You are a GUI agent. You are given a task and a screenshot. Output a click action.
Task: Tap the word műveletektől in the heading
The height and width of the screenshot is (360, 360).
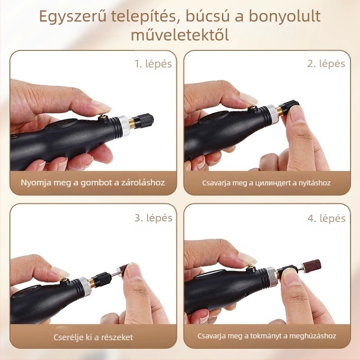[x=180, y=35]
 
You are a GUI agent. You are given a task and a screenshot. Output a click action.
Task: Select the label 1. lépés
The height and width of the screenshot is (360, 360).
[x=153, y=63]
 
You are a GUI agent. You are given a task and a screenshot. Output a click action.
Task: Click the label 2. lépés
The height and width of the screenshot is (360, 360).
[x=326, y=63]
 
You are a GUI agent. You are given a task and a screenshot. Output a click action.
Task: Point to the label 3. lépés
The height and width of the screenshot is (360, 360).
[x=153, y=218]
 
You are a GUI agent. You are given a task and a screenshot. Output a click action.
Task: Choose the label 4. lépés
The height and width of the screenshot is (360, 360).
[x=326, y=218]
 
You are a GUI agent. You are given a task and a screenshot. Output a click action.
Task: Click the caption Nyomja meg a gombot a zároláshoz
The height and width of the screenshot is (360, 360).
[x=93, y=183]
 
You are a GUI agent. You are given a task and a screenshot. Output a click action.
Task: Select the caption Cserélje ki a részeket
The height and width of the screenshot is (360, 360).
[x=93, y=337]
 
